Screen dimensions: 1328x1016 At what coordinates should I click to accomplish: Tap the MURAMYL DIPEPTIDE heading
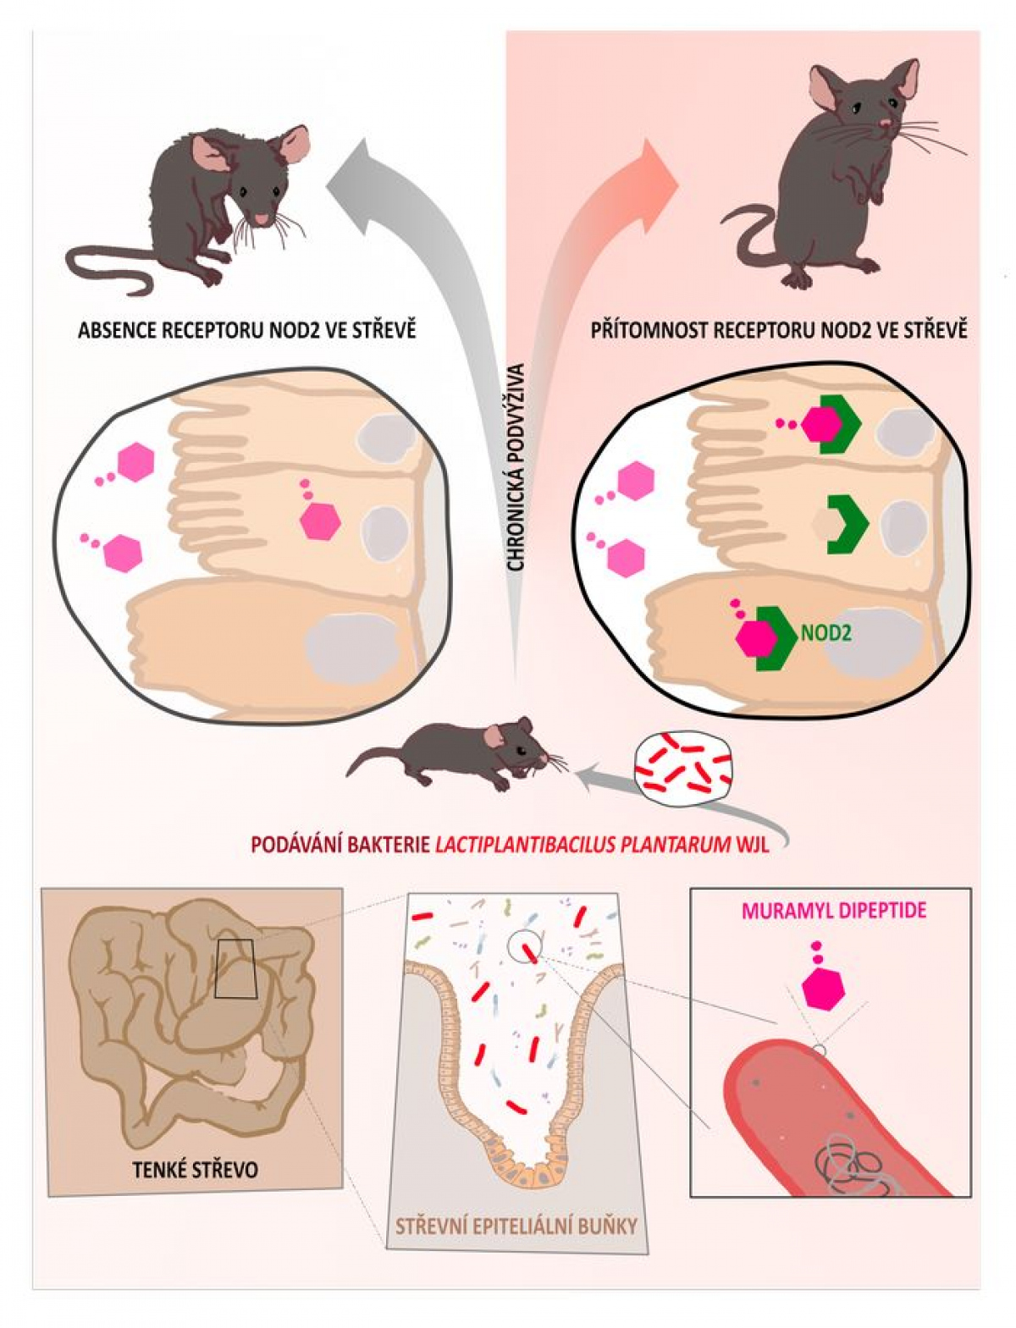tap(833, 911)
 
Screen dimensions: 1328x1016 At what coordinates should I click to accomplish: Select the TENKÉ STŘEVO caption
tap(195, 1170)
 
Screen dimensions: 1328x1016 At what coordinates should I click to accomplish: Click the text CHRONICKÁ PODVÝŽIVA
tap(517, 466)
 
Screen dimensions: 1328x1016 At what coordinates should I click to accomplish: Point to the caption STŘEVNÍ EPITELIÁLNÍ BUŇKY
tap(516, 1225)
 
